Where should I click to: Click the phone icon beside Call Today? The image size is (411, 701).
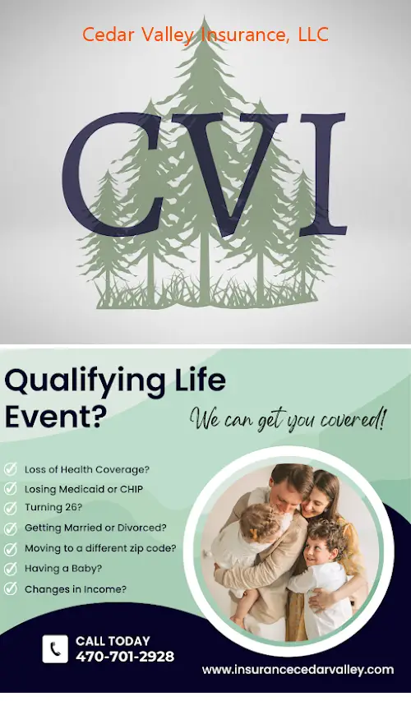[55, 648]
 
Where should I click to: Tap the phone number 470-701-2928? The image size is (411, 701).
[125, 657]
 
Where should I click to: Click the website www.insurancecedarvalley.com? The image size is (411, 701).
[298, 670]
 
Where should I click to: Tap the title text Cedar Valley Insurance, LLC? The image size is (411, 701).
[205, 35]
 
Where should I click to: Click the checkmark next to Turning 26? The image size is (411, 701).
[11, 509]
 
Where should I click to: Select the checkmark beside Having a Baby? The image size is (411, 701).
[11, 569]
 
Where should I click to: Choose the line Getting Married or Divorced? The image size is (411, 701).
[95, 528]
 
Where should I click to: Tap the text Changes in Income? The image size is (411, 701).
[76, 589]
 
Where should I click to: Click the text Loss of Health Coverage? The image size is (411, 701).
[87, 469]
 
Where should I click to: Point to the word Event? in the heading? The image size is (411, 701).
[56, 417]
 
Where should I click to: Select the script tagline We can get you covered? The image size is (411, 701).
[288, 421]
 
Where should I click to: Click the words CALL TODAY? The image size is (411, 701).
[113, 641]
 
